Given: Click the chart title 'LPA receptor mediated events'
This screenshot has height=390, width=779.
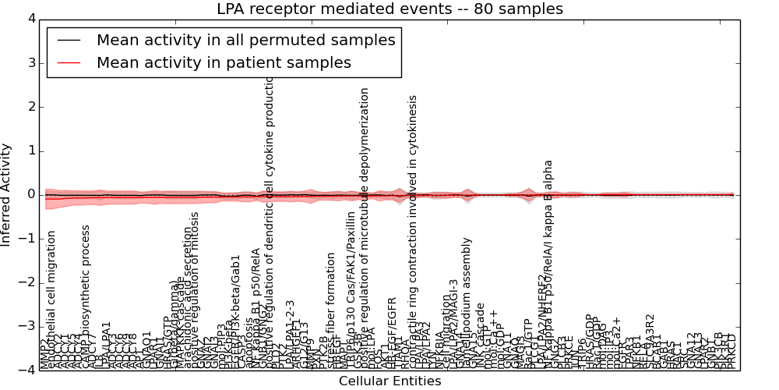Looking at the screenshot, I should [x=389, y=9].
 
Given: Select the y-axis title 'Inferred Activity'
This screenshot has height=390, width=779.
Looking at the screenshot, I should [x=7, y=194].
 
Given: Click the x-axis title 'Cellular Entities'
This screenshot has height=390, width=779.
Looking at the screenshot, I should [x=389, y=381].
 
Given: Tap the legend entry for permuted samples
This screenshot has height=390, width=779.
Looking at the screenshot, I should [x=245, y=40].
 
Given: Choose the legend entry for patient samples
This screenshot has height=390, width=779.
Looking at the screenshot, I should [x=224, y=62].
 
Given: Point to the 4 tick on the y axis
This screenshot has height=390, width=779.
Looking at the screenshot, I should [x=29, y=19].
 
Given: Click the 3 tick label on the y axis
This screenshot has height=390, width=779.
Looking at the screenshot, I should [x=29, y=62].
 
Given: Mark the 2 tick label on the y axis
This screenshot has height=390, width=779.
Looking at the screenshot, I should [x=29, y=107].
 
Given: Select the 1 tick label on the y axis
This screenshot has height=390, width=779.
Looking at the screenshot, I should [x=29, y=151].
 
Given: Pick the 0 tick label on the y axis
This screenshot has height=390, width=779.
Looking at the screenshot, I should [x=29, y=194].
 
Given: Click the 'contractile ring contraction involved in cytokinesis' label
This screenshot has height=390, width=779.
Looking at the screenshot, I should [x=413, y=231].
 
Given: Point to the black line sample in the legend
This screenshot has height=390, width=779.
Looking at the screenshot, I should [x=69, y=40].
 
